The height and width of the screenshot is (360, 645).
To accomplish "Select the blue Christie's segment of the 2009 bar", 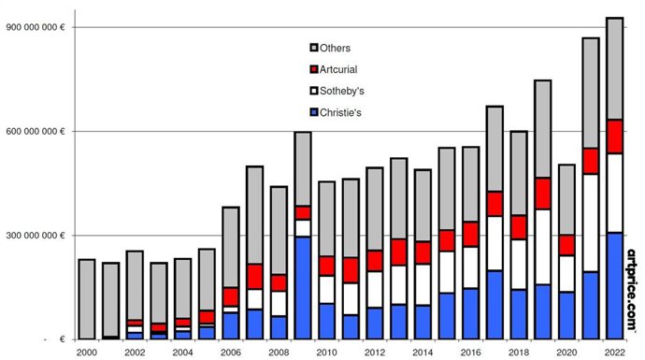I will (302, 287).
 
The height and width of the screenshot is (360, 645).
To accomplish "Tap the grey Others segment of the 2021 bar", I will (591, 93).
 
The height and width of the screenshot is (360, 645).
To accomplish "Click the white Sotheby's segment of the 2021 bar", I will (591, 223).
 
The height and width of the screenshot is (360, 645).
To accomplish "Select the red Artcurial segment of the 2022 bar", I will (614, 137).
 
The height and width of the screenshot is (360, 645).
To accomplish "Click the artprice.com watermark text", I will (633, 290).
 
